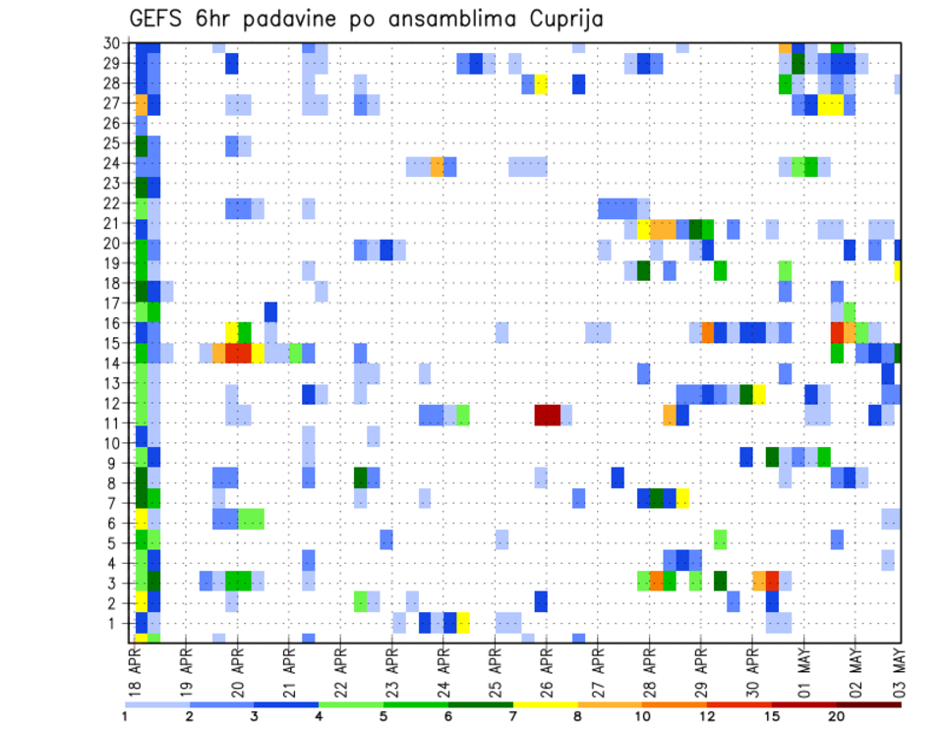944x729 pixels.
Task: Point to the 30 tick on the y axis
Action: (114, 42)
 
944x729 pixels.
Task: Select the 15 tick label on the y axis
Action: (114, 343)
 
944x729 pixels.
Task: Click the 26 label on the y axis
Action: (114, 123)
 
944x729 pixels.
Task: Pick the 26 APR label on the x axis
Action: (547, 670)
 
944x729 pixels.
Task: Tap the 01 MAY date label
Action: (804, 670)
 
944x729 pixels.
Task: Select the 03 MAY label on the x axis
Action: (898, 670)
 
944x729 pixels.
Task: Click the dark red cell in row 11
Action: (547, 416)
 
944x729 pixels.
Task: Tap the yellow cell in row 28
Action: (541, 84)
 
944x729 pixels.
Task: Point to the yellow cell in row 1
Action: (463, 623)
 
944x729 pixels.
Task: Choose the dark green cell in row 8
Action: (360, 477)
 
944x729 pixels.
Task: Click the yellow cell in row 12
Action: (759, 395)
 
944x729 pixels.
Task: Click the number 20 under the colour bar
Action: (837, 715)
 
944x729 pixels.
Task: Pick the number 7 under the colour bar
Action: (513, 715)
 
